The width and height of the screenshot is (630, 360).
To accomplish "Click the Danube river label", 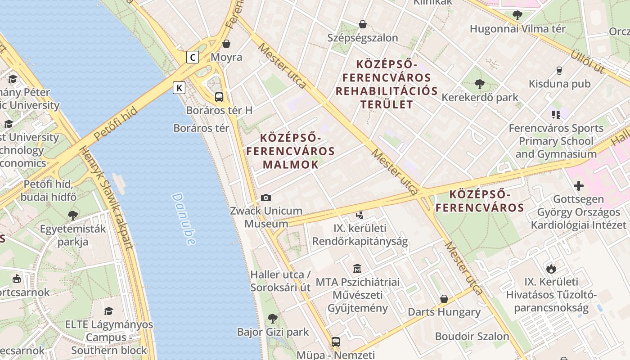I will (184, 219).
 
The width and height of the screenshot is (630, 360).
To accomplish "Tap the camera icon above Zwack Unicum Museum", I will (266, 198).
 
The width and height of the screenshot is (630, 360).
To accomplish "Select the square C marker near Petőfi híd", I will (193, 57).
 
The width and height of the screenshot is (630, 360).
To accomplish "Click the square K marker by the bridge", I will (179, 87).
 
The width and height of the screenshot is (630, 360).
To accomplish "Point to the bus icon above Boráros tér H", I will (219, 97).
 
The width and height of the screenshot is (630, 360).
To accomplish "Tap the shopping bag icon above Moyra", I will (226, 44).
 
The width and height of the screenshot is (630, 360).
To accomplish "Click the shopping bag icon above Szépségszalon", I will (363, 24).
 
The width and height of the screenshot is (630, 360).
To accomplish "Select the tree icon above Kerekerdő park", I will (480, 84).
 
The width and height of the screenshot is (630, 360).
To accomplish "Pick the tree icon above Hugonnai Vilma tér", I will (517, 15).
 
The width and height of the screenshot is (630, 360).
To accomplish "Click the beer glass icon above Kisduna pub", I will (559, 70).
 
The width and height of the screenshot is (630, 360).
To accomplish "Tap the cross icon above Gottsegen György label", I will (579, 185).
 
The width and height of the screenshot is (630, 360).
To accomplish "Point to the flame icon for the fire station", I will (551, 269).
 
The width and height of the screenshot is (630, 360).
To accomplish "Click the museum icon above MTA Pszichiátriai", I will (357, 269).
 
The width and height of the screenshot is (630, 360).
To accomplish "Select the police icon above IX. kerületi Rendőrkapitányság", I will (360, 215).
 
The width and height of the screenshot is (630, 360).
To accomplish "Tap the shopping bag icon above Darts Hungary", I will (444, 299).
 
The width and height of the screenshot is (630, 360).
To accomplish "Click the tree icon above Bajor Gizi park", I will (273, 319).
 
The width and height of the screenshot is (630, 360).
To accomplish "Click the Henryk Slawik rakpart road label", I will (107, 198).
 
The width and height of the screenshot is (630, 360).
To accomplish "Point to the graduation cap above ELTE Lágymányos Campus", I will (108, 311).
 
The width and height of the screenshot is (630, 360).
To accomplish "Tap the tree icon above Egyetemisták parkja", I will (73, 215).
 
